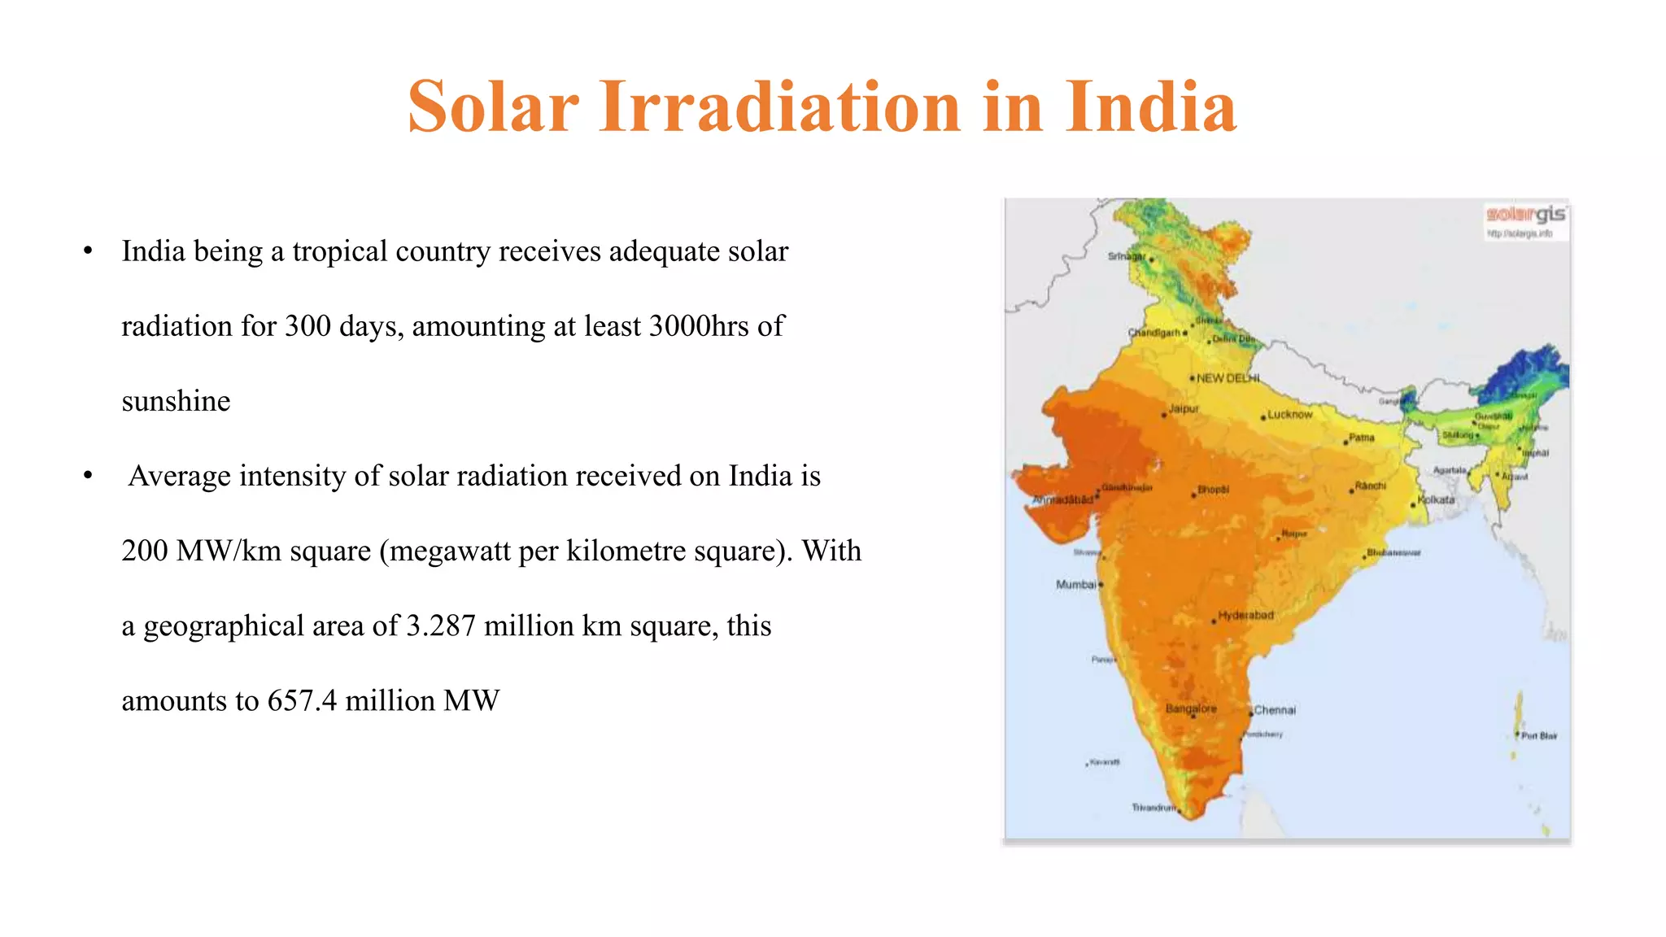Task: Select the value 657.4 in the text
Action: [x=302, y=700]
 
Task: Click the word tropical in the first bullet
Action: [x=339, y=251]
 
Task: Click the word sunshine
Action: [x=176, y=401]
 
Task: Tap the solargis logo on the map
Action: [x=1526, y=215]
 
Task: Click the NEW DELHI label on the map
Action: [x=1228, y=378]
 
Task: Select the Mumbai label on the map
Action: [x=1075, y=585]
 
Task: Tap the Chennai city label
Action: [x=1275, y=710]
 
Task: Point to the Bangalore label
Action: [x=1191, y=708]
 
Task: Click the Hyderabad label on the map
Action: [x=1245, y=615]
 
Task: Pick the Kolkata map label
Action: [x=1436, y=499]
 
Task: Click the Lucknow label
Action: [x=1289, y=414]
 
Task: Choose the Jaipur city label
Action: [x=1184, y=408]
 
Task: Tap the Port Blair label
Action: [x=1539, y=735]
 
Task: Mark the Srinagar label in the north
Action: [x=1126, y=256]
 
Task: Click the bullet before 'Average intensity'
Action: [x=88, y=476]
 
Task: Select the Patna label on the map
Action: [x=1361, y=438]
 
